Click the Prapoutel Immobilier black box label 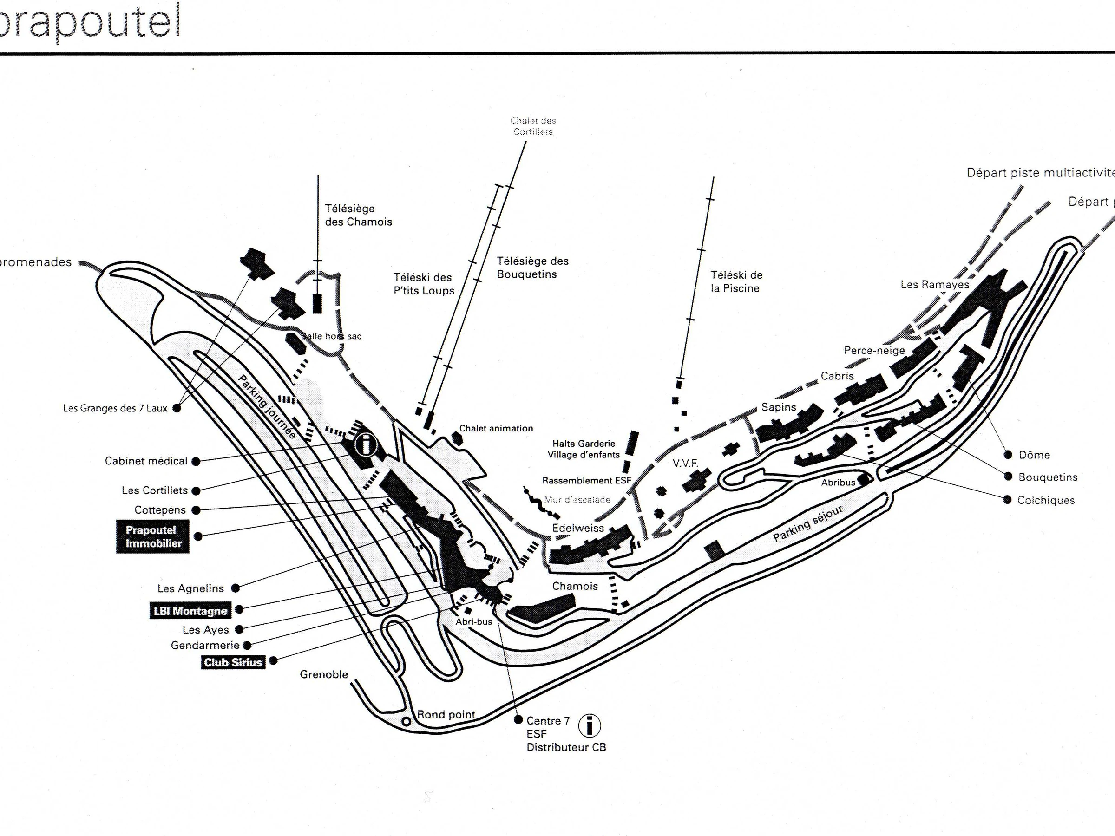click(153, 537)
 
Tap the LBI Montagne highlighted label click(190, 611)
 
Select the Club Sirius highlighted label click(233, 662)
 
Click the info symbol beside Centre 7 click(589, 726)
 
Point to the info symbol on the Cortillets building click(366, 445)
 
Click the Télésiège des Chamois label click(358, 215)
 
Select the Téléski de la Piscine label click(736, 282)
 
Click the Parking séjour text click(807, 523)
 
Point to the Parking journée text click(267, 407)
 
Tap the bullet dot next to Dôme click(1008, 455)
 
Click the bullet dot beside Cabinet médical click(196, 461)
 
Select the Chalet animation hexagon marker click(457, 438)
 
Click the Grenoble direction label click(324, 674)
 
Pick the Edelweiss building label click(577, 528)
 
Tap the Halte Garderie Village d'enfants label click(584, 449)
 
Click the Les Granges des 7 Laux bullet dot click(177, 408)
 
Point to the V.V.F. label click(686, 463)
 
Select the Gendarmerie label click(205, 645)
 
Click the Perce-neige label click(874, 350)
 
